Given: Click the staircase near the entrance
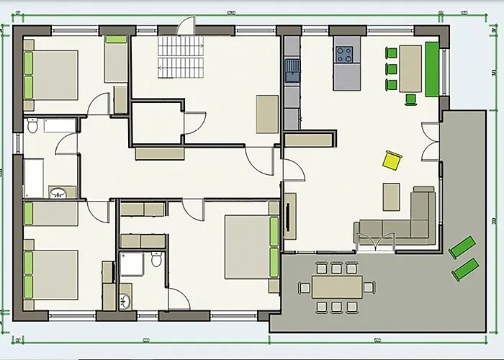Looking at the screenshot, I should click(172, 57).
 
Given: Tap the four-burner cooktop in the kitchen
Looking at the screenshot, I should click(345, 54).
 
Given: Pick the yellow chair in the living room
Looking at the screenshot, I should click(392, 160).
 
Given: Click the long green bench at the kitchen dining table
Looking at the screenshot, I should click(432, 68).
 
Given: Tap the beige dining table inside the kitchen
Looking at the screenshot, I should click(410, 68).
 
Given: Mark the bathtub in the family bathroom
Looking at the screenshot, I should click(34, 178).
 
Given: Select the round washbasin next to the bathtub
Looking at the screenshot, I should click(60, 192).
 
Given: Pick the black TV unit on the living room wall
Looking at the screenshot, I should click(289, 215).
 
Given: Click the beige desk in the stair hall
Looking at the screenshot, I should click(267, 114).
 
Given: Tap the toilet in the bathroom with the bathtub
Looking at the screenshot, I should click(32, 127).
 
